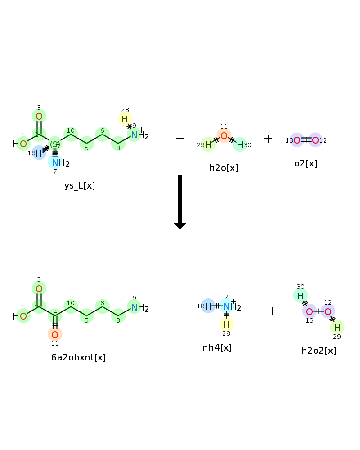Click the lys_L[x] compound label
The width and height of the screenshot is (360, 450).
pos(78,186)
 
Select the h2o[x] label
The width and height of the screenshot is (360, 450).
pos(224,168)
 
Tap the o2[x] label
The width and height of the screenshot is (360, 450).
pos(306,164)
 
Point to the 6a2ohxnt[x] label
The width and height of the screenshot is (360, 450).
pos(78,357)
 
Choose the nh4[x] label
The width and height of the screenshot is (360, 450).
pos(217,347)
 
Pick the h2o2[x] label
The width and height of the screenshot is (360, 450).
pos(319,351)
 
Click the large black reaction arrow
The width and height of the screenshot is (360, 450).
pos(180,202)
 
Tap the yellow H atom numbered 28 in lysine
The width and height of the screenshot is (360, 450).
pos(125,119)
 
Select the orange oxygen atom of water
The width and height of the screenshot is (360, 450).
pos(224,135)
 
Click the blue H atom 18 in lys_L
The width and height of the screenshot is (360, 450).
pos(39,153)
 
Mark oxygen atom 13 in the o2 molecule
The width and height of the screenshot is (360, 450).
pos(297,140)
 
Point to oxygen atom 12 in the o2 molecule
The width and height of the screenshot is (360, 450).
pos(315,140)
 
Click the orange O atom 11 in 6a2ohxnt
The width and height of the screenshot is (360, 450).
pos(55,334)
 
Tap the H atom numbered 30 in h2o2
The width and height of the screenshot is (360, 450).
pos(300,296)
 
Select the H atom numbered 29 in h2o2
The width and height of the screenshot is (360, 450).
pos(337,327)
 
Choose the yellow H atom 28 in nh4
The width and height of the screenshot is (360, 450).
pos(226,324)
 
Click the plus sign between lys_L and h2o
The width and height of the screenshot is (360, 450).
pos(180,139)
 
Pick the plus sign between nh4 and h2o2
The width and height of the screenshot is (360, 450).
pos(272,311)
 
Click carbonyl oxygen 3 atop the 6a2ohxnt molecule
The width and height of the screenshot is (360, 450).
pos(39,288)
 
